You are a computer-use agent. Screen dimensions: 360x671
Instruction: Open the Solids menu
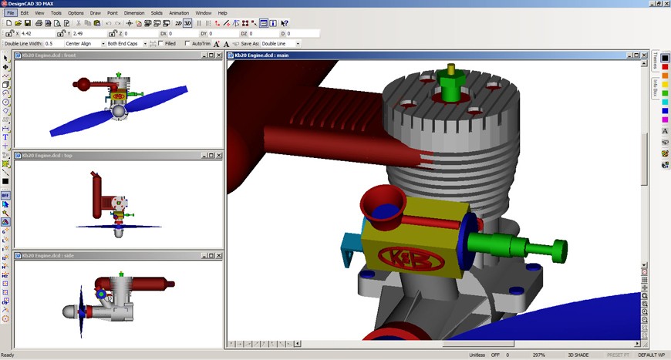pyautogui.click(x=157, y=13)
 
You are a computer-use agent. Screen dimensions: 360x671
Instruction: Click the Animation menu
pyautogui.click(x=179, y=13)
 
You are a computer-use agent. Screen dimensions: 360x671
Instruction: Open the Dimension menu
pyautogui.click(x=134, y=13)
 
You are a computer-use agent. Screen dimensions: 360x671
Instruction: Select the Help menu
pyautogui.click(x=222, y=13)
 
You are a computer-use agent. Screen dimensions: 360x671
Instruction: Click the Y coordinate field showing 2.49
pyautogui.click(x=88, y=34)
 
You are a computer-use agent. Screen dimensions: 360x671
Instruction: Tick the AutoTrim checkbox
pyautogui.click(x=187, y=44)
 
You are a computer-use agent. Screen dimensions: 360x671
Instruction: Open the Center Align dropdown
pyautogui.click(x=83, y=44)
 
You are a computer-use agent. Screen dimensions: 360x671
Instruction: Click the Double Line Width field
pyautogui.click(x=53, y=44)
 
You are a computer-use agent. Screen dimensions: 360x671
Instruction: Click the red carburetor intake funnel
pyautogui.click(x=381, y=204)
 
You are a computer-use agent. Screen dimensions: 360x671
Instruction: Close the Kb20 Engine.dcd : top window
pyautogui.click(x=219, y=155)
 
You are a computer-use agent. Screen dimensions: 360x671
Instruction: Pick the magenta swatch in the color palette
pyautogui.click(x=665, y=119)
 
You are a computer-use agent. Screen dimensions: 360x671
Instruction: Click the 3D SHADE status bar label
pyautogui.click(x=578, y=355)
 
